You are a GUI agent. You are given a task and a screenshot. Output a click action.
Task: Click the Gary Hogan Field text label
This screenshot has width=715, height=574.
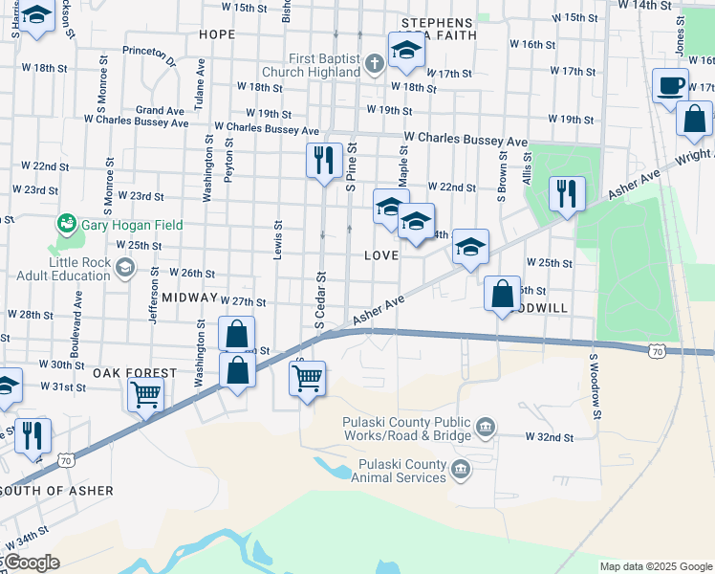pyautogui.click(x=131, y=225)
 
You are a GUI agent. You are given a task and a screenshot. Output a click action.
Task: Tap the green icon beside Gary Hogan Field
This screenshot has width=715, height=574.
pyautogui.click(x=66, y=225)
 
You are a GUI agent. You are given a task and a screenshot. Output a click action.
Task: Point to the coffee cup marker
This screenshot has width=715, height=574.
pyautogui.click(x=670, y=85)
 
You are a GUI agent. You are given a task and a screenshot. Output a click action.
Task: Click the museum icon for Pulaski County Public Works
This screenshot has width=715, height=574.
pyautogui.click(x=486, y=426)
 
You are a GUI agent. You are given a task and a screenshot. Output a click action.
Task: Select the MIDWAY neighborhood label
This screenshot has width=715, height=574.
pyautogui.click(x=189, y=298)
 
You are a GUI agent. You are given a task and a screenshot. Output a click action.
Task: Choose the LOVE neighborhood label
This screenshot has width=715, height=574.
pyautogui.click(x=381, y=255)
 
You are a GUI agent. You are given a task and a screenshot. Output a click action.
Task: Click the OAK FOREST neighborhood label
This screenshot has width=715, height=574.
pyautogui.click(x=134, y=372)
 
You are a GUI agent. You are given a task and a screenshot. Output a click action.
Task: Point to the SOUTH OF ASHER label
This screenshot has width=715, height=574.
pyautogui.click(x=57, y=491)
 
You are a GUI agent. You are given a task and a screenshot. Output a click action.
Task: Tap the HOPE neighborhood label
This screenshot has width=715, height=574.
pyautogui.click(x=216, y=33)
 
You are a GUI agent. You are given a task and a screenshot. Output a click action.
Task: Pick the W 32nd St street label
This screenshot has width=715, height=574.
pyautogui.click(x=549, y=436)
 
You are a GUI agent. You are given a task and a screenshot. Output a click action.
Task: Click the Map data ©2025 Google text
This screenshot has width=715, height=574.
pyautogui.click(x=655, y=566)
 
